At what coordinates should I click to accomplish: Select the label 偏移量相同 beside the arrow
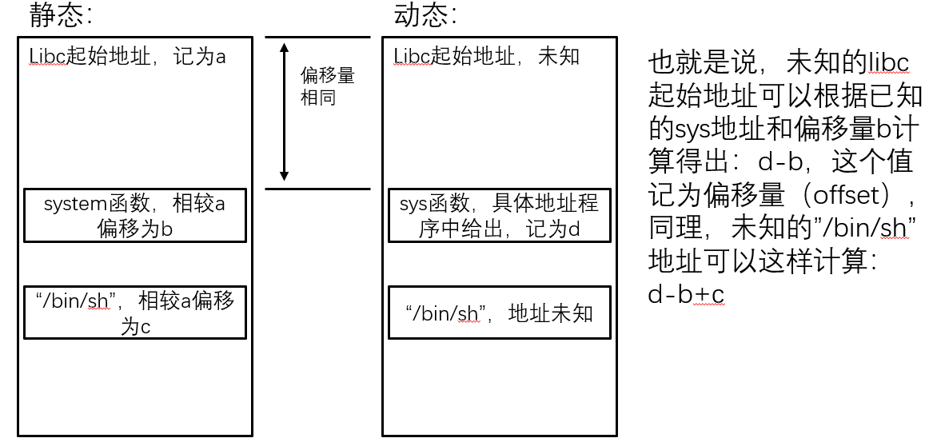tap(327, 86)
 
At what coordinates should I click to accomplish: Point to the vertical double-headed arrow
tap(283, 112)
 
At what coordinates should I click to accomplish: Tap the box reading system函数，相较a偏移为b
tap(134, 215)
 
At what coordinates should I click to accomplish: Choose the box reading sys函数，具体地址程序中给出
tap(499, 215)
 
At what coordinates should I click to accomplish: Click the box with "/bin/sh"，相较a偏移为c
tap(134, 312)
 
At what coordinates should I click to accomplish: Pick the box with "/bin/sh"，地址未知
tap(499, 313)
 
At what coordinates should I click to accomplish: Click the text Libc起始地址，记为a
tap(128, 57)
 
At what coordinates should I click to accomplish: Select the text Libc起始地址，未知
tap(486, 57)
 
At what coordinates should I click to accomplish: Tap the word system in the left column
tap(70, 205)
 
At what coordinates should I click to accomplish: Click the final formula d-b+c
tap(685, 295)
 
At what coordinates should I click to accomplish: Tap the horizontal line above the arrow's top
tap(317, 37)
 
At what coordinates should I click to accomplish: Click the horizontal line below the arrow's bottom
tap(317, 189)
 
